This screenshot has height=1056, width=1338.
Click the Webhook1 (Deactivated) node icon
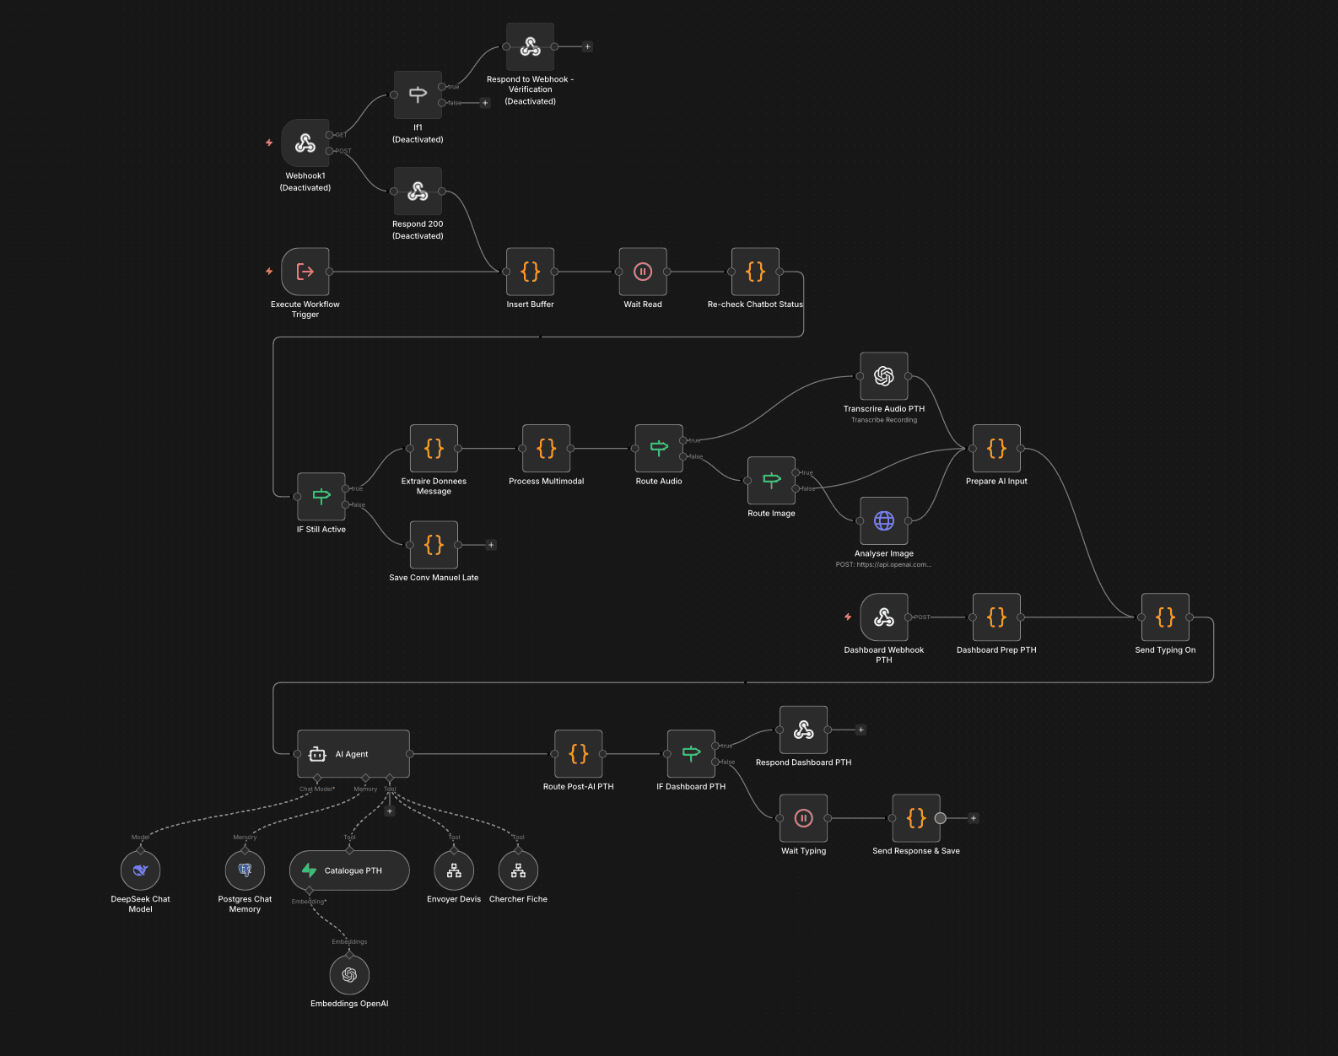coord(305,143)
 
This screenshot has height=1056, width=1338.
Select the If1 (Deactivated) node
coord(418,94)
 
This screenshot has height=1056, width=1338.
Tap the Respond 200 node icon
coord(418,191)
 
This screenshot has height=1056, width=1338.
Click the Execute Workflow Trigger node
coord(305,272)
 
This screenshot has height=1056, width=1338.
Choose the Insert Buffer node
coord(530,272)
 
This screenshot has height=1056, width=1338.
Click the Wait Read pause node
coord(643,272)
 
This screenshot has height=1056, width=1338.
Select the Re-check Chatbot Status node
coord(755,272)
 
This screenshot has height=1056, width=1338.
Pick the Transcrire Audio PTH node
coord(883,376)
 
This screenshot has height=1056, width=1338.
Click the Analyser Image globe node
coord(883,520)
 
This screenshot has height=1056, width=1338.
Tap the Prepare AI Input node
coord(996,448)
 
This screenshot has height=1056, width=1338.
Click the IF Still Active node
coord(321,497)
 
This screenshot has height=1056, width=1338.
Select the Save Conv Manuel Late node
coord(434,545)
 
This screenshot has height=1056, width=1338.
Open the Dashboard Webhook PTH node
coord(883,617)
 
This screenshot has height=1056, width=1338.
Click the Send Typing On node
coord(1165,617)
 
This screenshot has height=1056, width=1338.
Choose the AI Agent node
coord(353,754)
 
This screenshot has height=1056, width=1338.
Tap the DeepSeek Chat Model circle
coord(140,870)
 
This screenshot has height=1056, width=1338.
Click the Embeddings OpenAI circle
coord(349,975)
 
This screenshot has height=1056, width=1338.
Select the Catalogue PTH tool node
coord(349,870)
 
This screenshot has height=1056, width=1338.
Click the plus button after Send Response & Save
coord(974,818)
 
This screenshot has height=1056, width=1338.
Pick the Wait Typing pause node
coord(803,818)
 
